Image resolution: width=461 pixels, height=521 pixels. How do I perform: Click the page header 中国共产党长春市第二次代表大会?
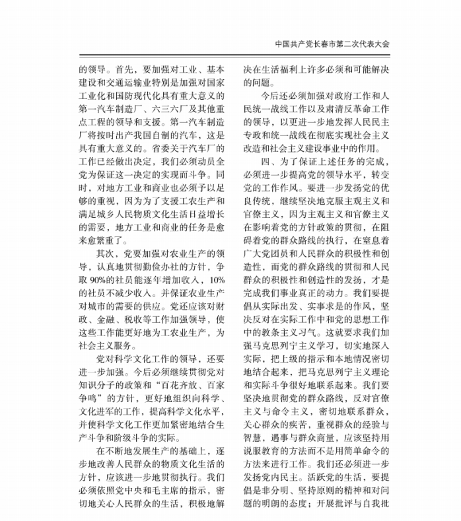333,45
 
